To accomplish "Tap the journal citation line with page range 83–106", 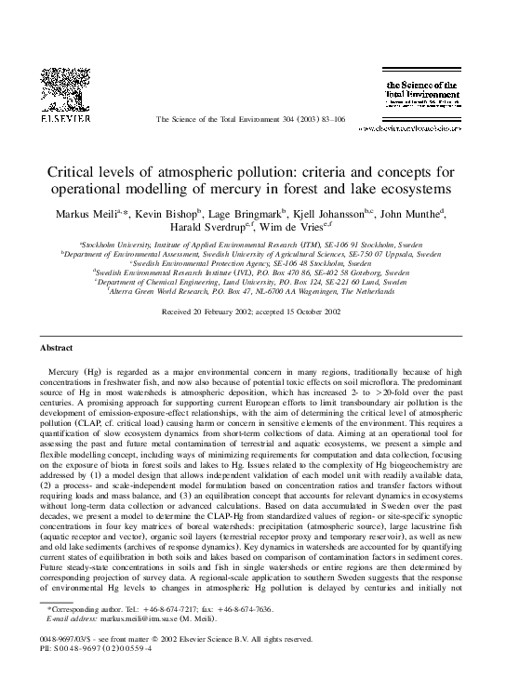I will (253, 120).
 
